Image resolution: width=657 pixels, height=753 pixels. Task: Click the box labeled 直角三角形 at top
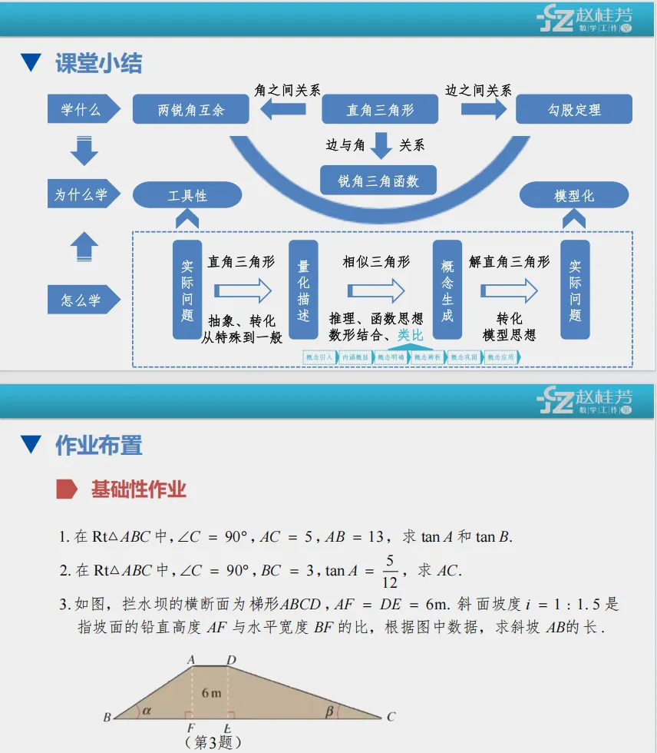[379, 110]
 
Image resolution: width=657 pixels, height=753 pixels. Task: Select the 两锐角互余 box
[191, 110]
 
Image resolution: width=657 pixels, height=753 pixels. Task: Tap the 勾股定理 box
[574, 110]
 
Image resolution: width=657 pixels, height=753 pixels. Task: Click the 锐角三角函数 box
[378, 181]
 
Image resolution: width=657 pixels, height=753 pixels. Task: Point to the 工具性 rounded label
[187, 195]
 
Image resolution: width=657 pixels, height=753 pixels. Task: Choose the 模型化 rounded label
[574, 196]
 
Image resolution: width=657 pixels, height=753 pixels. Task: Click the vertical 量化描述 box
[303, 290]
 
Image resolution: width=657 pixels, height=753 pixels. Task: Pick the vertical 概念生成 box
[447, 290]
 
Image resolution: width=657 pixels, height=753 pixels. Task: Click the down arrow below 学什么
[84, 150]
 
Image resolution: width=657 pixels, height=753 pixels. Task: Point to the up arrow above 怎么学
[84, 247]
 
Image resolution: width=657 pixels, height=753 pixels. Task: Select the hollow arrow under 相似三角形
[376, 290]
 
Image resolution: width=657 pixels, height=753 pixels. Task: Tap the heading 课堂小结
[99, 63]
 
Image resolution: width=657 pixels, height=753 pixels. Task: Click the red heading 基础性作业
[139, 489]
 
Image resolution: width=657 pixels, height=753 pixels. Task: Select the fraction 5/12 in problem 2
[390, 571]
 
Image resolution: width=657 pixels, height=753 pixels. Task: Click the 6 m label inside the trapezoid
[211, 692]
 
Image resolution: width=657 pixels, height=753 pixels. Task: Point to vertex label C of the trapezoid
[391, 717]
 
